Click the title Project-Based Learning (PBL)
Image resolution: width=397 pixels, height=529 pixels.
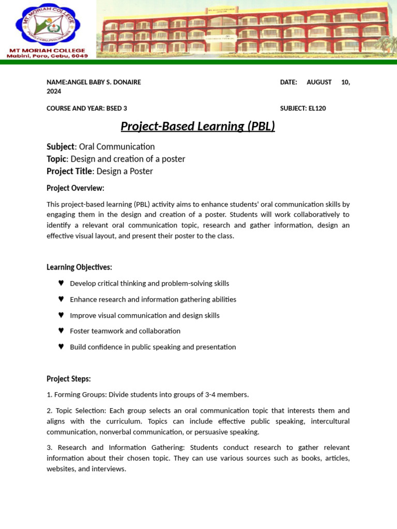(197, 126)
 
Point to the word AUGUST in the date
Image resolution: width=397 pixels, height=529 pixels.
(319, 82)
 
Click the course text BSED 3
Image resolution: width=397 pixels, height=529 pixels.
(116, 108)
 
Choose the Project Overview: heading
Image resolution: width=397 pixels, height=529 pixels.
(75, 188)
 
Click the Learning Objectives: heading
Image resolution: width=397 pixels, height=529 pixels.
(79, 267)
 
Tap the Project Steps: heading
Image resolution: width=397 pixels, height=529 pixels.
(69, 379)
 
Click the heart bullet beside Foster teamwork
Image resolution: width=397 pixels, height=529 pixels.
(61, 331)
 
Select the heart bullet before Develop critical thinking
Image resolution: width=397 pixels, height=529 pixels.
(61, 283)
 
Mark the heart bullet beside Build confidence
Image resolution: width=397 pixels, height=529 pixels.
(61, 347)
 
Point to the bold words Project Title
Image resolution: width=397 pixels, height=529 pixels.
(69, 172)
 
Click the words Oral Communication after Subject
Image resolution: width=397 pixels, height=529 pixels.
(117, 147)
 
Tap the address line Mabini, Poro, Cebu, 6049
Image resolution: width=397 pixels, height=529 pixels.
(47, 56)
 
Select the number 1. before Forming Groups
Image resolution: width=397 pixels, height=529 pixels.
(50, 395)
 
